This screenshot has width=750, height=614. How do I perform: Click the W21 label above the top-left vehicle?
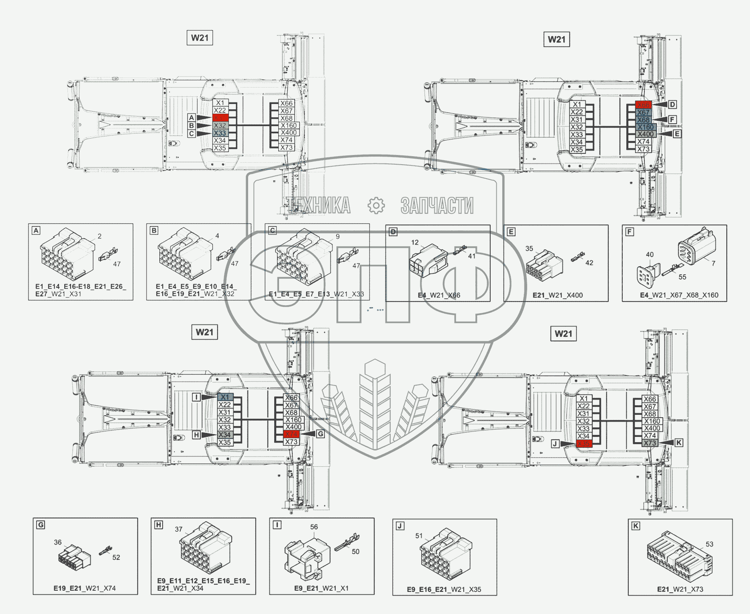[200, 38]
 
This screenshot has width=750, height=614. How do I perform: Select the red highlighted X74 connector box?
[291, 434]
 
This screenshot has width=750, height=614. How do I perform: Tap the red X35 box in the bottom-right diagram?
[584, 444]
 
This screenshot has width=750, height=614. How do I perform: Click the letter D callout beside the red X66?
[672, 105]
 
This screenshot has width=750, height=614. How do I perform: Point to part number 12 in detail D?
[415, 243]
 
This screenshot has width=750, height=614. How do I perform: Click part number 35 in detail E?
[529, 249]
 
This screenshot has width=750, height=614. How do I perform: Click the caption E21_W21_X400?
[557, 295]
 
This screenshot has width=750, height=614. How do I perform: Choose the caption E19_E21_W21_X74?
[85, 588]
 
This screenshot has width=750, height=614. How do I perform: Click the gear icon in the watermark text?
[376, 205]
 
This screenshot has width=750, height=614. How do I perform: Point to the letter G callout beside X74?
[320, 434]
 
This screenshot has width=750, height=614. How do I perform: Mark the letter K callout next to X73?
[679, 443]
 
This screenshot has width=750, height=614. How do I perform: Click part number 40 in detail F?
[650, 255]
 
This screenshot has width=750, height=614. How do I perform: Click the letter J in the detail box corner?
[400, 526]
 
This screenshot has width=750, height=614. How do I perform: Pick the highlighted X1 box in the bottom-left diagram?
[224, 397]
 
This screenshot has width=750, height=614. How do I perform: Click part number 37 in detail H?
[179, 529]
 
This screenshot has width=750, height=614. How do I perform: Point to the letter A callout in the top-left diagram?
[192, 118]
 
